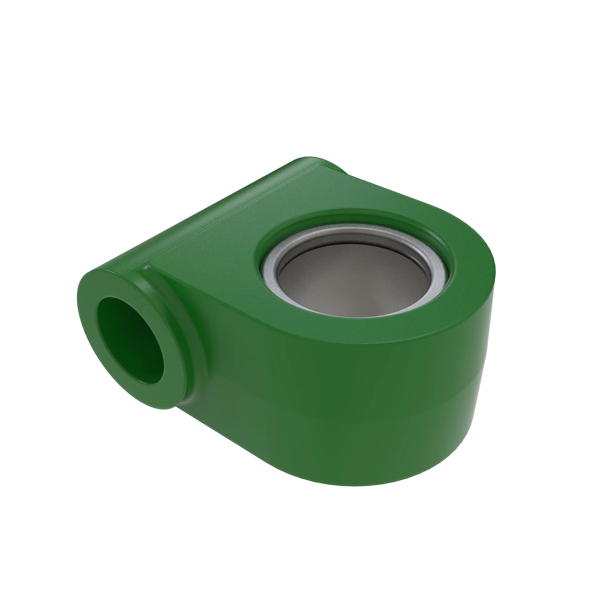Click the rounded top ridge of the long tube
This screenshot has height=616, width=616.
tap(204, 210)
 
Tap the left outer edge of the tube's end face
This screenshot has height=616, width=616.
tap(80, 306)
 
